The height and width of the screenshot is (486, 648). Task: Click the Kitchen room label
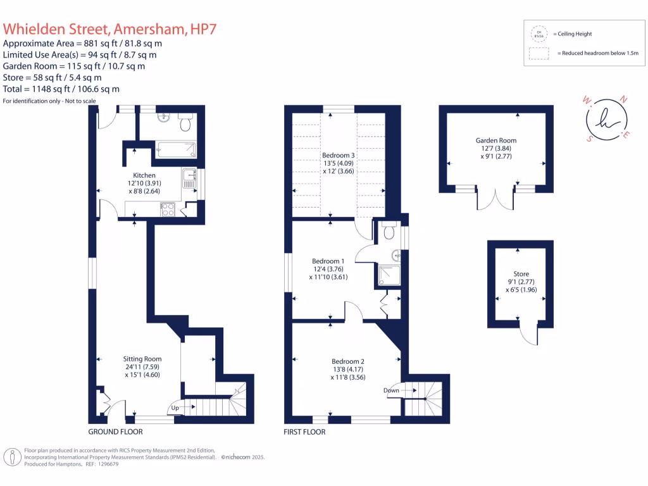click(x=144, y=175)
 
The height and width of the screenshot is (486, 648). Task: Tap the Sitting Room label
click(x=143, y=359)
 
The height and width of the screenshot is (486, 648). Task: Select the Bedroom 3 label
click(x=339, y=156)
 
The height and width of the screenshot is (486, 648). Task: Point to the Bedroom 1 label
click(x=328, y=261)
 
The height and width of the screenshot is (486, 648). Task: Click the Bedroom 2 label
click(x=347, y=361)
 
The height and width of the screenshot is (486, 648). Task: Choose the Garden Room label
click(x=496, y=140)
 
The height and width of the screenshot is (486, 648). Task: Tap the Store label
click(x=521, y=274)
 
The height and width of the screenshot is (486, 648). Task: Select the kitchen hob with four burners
click(x=168, y=209)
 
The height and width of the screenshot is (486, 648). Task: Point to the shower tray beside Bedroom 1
click(x=385, y=273)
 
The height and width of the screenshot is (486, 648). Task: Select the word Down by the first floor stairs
click(x=391, y=390)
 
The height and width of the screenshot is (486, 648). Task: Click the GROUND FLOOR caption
click(x=115, y=432)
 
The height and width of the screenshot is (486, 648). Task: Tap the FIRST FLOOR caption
click(x=304, y=432)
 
